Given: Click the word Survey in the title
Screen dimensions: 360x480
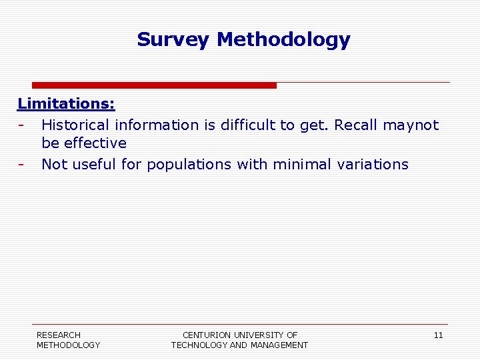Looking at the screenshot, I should coord(174,40).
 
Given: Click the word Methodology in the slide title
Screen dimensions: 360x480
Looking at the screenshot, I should coord(283,40).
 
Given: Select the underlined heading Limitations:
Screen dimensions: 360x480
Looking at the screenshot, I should coord(66,104).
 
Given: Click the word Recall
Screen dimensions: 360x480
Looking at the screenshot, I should coord(356,125).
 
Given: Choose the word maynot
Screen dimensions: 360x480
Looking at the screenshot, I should coord(411,125).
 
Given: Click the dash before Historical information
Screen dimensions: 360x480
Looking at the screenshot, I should coord(21,125).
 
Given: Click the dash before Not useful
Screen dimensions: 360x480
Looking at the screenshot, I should coord(21,164).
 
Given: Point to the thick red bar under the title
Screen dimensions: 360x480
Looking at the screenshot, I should coord(154,85).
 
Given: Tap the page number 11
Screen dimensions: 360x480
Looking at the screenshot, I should coord(438,335).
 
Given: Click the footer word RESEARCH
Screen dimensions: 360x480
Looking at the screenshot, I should coord(59,335).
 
